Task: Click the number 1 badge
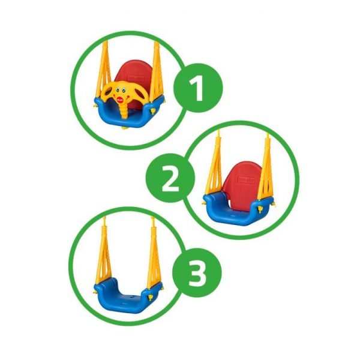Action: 198,88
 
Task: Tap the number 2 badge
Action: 170,178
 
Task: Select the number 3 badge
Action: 197,273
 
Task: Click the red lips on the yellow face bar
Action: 120,100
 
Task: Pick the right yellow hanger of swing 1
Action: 157,71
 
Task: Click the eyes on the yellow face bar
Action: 121,90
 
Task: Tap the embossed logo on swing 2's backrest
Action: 247,179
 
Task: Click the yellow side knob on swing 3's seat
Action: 150,298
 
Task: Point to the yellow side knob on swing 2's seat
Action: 260,209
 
